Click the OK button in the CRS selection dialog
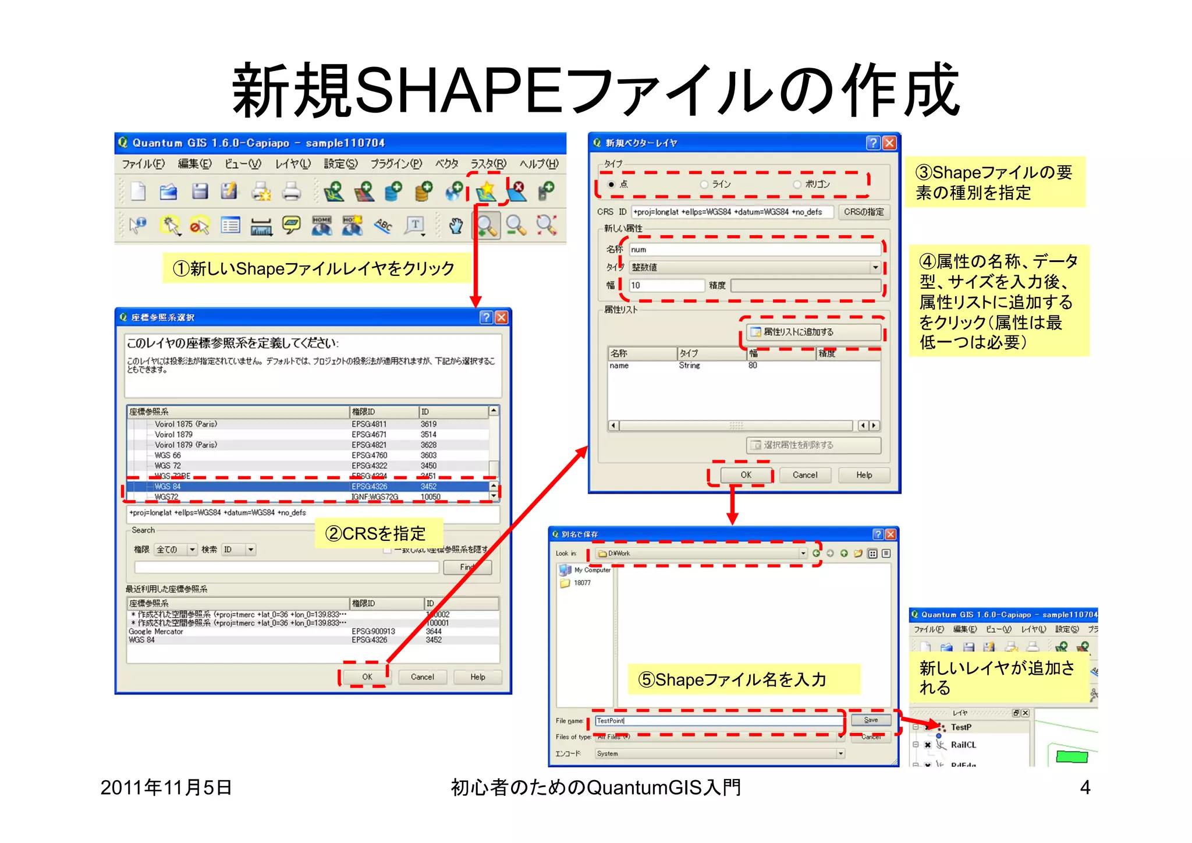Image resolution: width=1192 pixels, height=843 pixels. pos(367,676)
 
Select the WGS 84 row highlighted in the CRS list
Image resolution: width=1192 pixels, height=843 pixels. pos(308,486)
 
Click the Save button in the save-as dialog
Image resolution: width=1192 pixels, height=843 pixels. pos(871,720)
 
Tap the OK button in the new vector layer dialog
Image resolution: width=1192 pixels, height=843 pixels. pos(746,475)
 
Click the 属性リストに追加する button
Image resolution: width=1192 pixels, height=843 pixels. pos(813,332)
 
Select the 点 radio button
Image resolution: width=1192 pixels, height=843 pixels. pos(611,185)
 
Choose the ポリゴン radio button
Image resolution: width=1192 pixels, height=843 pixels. pos(797,185)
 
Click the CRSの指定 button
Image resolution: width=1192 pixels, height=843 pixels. pos(864,212)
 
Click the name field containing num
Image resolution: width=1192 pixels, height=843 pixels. pos(754,250)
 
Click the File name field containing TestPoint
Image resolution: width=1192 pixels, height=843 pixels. pos(718,721)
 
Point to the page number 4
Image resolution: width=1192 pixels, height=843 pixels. pos(1085,788)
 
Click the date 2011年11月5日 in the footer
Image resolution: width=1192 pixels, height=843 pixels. pos(166,788)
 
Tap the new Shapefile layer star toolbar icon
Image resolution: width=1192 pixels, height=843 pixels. pos(486,190)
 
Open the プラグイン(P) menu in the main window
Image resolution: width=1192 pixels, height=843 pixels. pos(396,164)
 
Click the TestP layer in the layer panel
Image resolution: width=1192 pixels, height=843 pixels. pos(960,727)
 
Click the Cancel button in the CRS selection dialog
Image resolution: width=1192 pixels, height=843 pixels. pos(422,676)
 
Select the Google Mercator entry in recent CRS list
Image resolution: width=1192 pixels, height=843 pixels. pos(156,632)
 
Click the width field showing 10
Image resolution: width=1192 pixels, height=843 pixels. pos(666,285)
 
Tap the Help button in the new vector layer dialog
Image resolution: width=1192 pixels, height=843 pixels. pos(864,475)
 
